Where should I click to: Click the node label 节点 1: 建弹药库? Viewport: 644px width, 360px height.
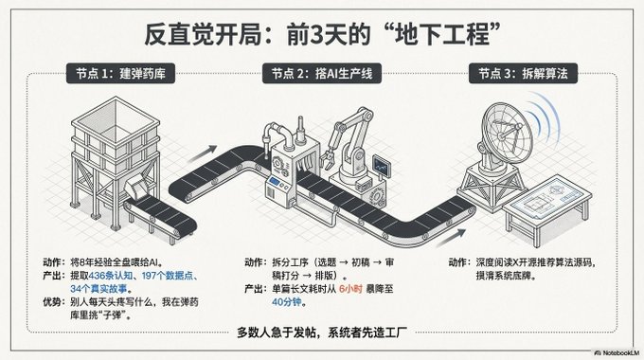point(120,74)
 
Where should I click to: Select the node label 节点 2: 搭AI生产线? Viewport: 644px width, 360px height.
point(322,74)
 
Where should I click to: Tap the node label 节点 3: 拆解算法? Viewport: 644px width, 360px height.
point(523,74)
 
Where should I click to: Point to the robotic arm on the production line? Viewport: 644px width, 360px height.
point(349,148)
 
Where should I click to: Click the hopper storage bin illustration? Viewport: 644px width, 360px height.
point(115,160)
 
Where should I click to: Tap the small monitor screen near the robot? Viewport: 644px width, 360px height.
point(382,166)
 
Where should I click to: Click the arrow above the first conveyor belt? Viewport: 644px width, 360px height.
point(203,154)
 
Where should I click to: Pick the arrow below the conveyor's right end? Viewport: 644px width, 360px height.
point(451,238)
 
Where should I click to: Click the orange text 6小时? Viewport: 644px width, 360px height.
point(350,289)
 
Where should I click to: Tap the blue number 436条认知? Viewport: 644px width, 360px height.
point(111,276)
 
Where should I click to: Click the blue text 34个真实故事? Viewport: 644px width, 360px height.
point(98,289)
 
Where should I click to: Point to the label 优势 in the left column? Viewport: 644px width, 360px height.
point(52,302)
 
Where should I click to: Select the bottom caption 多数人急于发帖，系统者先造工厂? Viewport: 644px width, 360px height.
point(322,333)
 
